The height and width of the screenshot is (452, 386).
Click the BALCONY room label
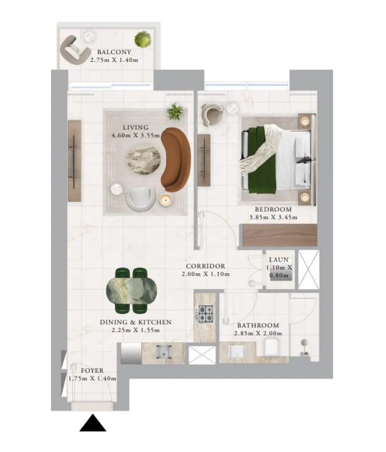tap(114, 52)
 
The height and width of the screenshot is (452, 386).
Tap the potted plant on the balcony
tap(143, 39)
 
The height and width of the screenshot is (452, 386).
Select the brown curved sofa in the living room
tap(175, 159)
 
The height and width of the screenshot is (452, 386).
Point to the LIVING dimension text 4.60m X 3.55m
tap(135, 135)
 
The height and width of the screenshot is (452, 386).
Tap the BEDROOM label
tap(273, 210)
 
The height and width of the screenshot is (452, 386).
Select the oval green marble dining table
tap(132, 290)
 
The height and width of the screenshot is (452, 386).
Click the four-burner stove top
tap(206, 314)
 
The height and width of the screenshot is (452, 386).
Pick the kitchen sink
tap(164, 353)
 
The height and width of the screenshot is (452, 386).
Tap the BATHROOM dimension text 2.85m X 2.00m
tap(258, 334)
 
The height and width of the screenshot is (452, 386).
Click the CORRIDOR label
tap(205, 266)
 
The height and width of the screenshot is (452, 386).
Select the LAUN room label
tap(279, 259)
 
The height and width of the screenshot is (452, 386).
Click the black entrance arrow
tap(93, 423)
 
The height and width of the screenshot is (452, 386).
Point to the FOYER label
tap(92, 370)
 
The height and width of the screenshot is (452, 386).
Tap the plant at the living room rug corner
tap(175, 111)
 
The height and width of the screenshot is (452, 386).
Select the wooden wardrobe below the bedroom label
tap(280, 235)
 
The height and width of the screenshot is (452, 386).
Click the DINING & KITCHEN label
tap(136, 322)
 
